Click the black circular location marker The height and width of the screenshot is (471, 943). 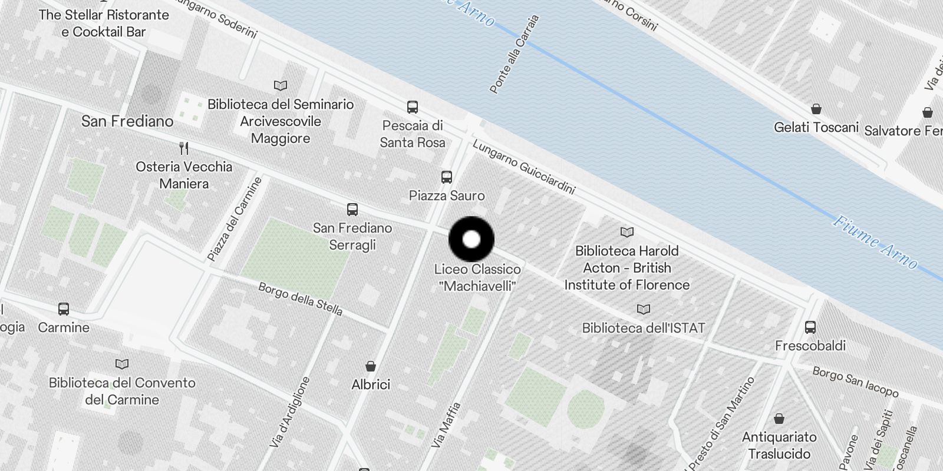pyautogui.click(x=471, y=239)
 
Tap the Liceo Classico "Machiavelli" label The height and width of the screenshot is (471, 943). pyautogui.click(x=477, y=277)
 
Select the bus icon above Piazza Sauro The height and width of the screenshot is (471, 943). pyautogui.click(x=447, y=177)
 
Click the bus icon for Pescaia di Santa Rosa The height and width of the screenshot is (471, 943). pyautogui.click(x=413, y=107)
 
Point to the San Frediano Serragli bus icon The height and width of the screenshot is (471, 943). pyautogui.click(x=352, y=209)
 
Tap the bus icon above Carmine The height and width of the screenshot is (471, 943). pyautogui.click(x=64, y=309)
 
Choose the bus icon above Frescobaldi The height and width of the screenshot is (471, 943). pyautogui.click(x=810, y=327)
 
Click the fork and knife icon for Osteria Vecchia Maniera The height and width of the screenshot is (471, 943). pyautogui.click(x=184, y=148)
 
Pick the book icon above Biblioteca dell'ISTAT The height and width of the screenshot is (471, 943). pyautogui.click(x=644, y=309)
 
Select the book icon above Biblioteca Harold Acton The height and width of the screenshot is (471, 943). pyautogui.click(x=627, y=232)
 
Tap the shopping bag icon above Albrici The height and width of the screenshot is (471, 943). pyautogui.click(x=371, y=366)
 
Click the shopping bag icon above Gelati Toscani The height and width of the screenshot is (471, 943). pyautogui.click(x=816, y=109)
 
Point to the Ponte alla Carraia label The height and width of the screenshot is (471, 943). pyautogui.click(x=514, y=54)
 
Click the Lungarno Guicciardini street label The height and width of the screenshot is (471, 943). pyautogui.click(x=523, y=167)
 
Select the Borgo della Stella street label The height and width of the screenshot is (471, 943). pyautogui.click(x=301, y=298)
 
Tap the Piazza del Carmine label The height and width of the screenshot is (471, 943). pyautogui.click(x=235, y=219)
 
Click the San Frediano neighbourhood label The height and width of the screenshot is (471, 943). pyautogui.click(x=127, y=121)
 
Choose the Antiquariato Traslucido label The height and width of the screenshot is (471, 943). pyautogui.click(x=779, y=445)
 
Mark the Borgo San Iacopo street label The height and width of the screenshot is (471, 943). pyautogui.click(x=855, y=382)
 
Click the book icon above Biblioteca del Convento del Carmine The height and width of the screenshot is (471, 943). pyautogui.click(x=122, y=364)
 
